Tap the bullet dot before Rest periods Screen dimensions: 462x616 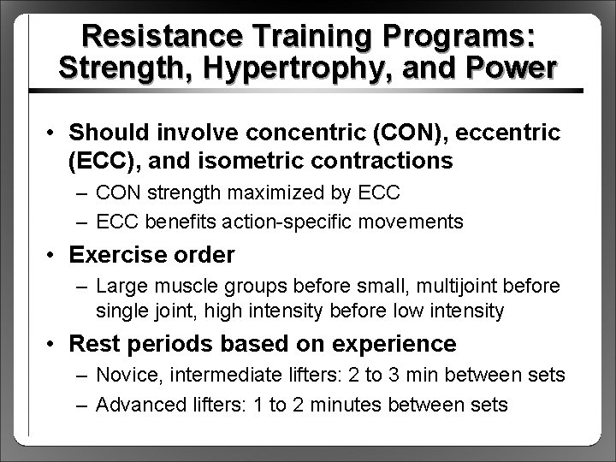[54, 344]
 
